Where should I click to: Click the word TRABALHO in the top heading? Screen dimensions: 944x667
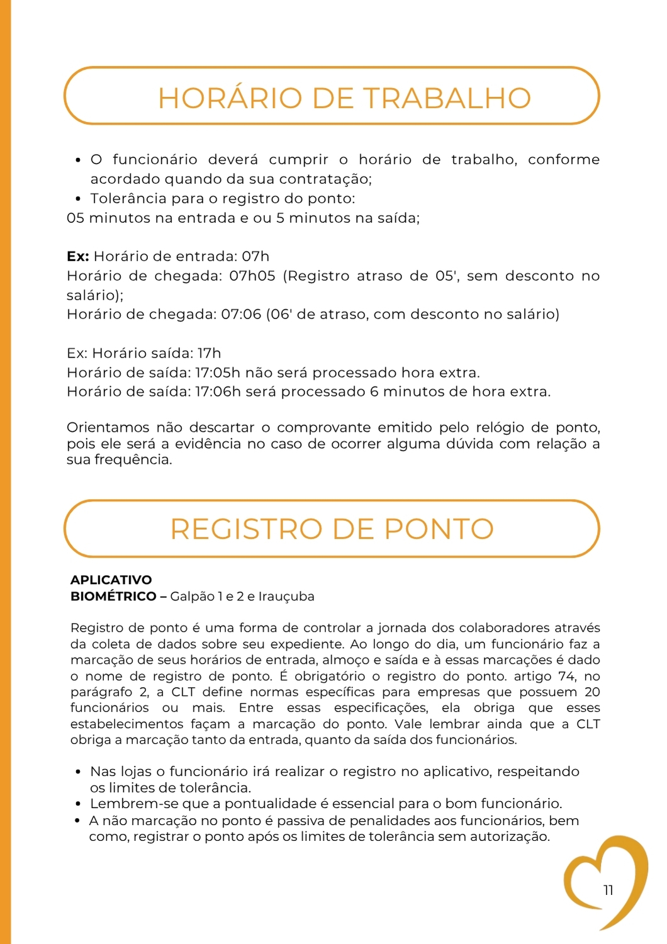click(447, 98)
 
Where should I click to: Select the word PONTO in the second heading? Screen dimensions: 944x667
click(439, 529)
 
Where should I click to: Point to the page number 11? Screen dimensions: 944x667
click(608, 890)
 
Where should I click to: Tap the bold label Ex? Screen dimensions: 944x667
click(78, 257)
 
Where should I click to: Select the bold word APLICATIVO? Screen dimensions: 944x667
click(111, 580)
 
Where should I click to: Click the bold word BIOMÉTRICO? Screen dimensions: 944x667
click(113, 596)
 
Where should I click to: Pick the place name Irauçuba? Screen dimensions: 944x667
click(286, 596)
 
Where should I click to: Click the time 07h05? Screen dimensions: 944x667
click(252, 276)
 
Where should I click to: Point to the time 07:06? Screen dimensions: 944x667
click(241, 314)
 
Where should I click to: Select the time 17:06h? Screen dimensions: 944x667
click(218, 391)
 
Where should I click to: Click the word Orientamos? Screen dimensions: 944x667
click(107, 428)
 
